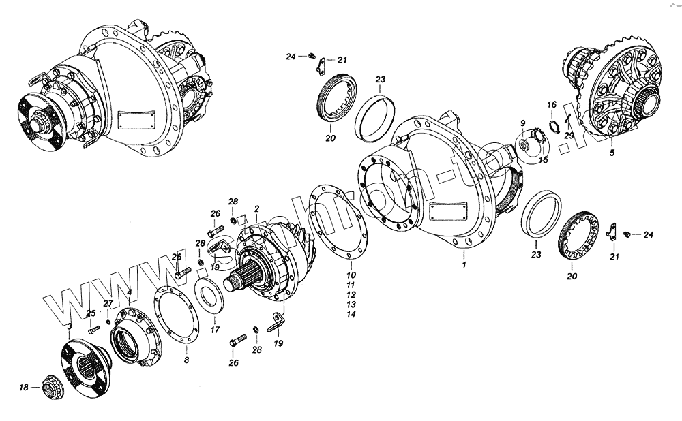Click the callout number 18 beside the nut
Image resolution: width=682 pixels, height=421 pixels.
point(24,388)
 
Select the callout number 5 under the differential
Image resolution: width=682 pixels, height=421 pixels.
point(612,153)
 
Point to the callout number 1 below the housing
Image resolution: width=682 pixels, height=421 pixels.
point(464,264)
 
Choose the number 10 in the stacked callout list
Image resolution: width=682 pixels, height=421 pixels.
point(350,275)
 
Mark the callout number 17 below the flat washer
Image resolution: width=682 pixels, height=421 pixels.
point(214,330)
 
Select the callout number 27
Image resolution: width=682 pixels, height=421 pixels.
point(108,304)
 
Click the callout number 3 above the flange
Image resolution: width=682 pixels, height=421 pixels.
point(69,326)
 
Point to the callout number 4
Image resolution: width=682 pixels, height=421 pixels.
point(129,292)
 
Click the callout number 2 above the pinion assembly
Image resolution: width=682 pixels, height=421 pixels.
point(256,207)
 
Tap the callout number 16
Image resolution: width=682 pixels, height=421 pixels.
point(552,104)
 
